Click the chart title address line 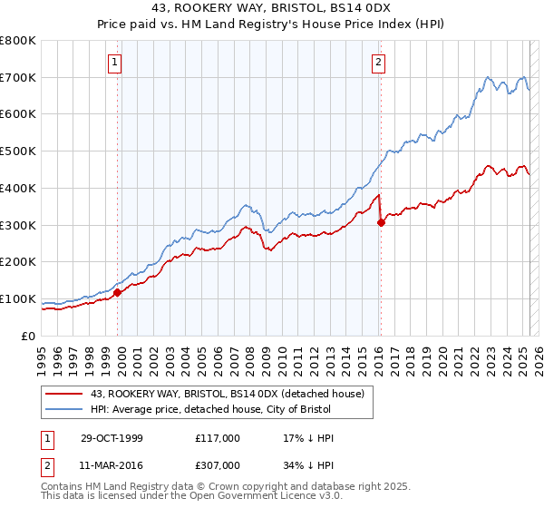[x=271, y=8]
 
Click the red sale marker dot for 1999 [x=118, y=292]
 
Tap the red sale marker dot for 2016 [x=381, y=222]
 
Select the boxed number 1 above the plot [x=116, y=63]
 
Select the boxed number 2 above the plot [x=378, y=63]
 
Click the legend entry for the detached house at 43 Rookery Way [x=227, y=394]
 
